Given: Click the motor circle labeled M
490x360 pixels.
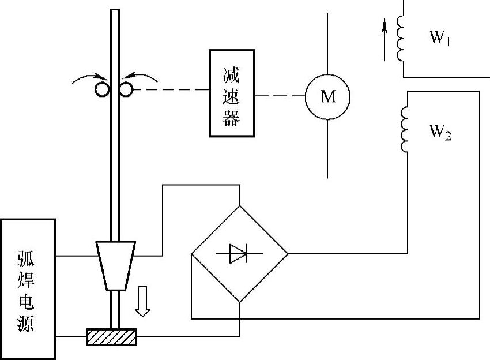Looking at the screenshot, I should tap(327, 96).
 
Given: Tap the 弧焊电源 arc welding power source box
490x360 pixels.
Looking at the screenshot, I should tap(28, 288).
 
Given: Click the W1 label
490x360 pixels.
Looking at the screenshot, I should tap(439, 38).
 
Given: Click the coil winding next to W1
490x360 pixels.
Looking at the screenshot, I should tap(401, 37).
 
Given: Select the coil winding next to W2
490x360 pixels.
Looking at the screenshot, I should tap(405, 130).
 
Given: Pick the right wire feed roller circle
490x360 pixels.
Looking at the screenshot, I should tap(125, 89).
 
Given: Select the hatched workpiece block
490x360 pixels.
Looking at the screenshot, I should tap(111, 336).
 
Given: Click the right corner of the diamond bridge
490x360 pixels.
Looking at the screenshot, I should tap(287, 253).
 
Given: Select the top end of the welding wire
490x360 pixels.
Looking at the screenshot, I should tap(114, 12).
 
